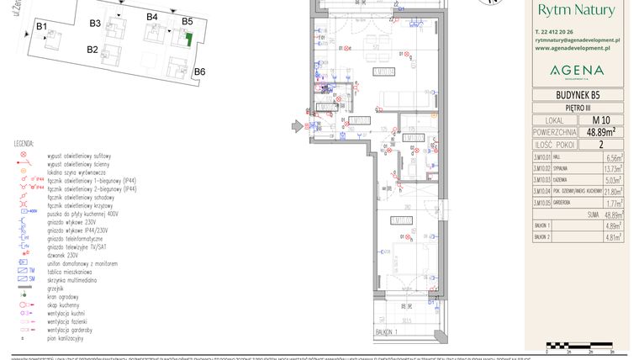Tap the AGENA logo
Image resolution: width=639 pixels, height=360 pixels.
(x=577, y=71)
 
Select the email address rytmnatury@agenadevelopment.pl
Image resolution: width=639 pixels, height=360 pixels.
(x=577, y=40)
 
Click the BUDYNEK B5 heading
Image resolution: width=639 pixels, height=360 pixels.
(x=578, y=95)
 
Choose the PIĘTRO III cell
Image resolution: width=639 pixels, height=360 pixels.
(x=578, y=109)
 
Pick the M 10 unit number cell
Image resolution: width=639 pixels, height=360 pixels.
(x=600, y=119)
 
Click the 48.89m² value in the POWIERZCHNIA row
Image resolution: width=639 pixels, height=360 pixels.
(x=600, y=131)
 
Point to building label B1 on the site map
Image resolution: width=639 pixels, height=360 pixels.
(x=40, y=28)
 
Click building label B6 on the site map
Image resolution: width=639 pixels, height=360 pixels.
(x=199, y=72)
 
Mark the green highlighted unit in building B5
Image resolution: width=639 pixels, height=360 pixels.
(x=189, y=38)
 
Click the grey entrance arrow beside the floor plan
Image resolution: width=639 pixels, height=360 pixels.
(x=296, y=126)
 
